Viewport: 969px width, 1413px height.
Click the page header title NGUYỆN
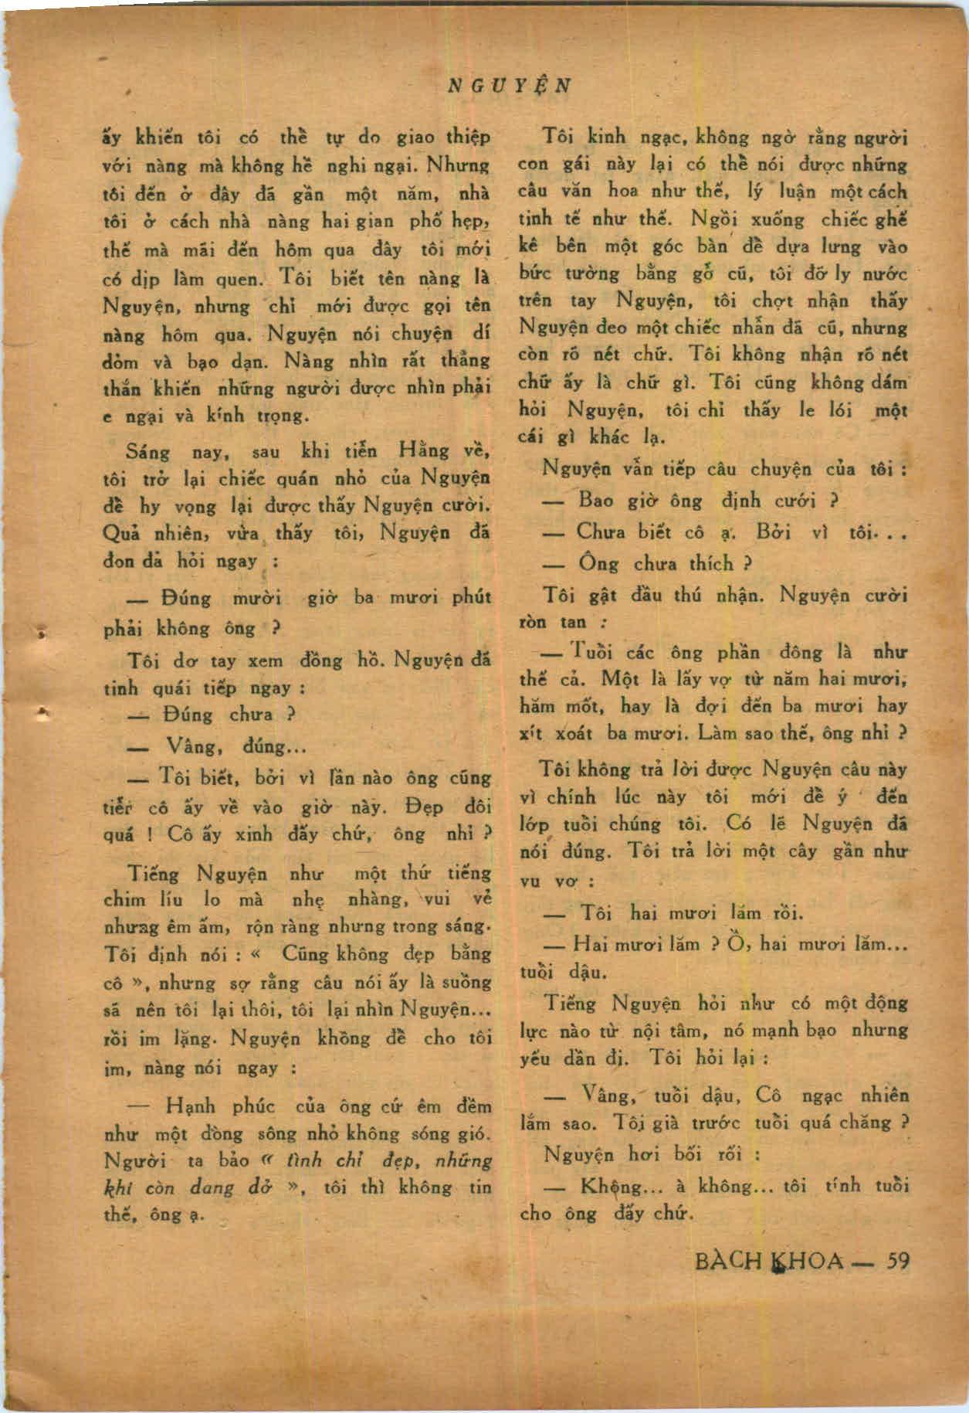pyautogui.click(x=510, y=84)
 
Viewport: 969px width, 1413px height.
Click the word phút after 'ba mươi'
pyautogui.click(x=471, y=598)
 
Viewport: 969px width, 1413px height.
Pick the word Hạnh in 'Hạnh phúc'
pyautogui.click(x=188, y=1106)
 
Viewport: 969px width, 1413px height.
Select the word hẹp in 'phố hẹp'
pyautogui.click(x=473, y=221)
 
